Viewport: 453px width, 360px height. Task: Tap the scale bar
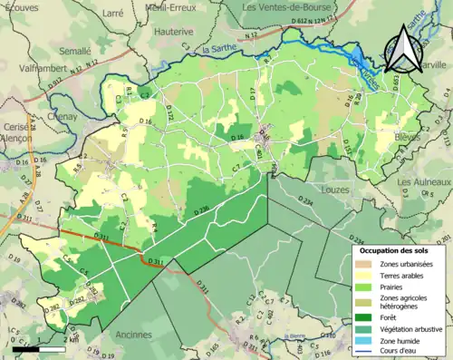tap(39, 348)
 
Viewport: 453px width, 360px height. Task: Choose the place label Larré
tap(112, 14)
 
